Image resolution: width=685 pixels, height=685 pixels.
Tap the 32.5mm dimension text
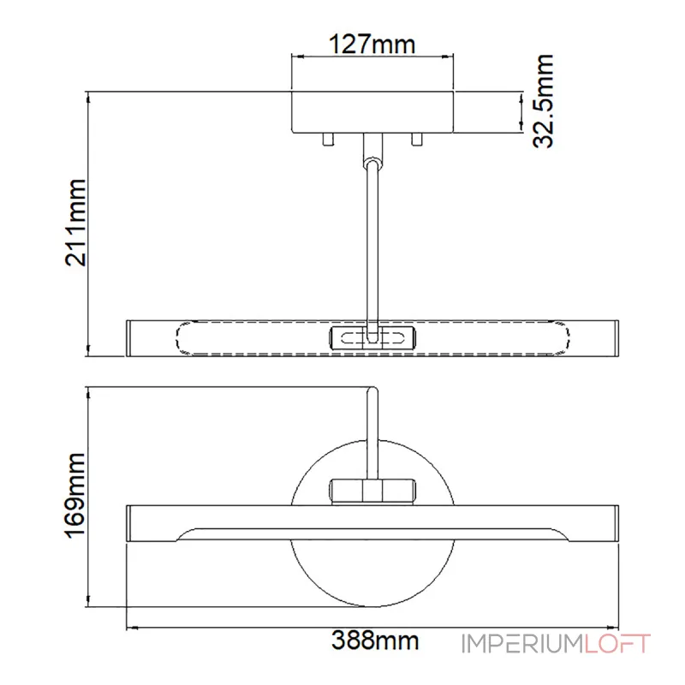pyautogui.click(x=541, y=101)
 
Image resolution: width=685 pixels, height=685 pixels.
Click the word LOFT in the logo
pyautogui.click(x=618, y=644)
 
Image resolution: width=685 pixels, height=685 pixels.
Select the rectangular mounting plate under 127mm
pyautogui.click(x=373, y=111)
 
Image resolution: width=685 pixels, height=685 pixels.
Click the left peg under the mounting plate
pyautogui.click(x=327, y=139)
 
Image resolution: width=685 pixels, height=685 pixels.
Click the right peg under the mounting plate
pyautogui.click(x=417, y=139)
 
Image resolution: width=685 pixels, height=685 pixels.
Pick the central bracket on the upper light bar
pyautogui.click(x=373, y=337)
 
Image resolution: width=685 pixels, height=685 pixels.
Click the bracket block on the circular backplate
pyautogui.click(x=373, y=491)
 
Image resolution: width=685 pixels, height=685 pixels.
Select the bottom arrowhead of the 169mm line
pyautogui.click(x=89, y=601)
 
